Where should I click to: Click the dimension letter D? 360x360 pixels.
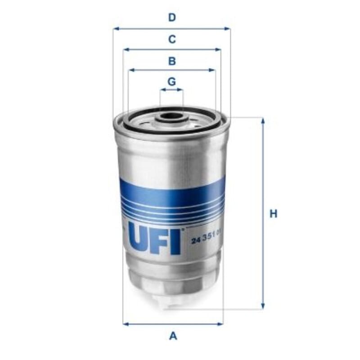(x=172, y=18)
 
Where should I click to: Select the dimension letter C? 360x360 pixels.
(x=172, y=39)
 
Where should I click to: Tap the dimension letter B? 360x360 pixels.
(x=172, y=61)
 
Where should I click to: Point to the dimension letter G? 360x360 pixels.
(x=172, y=81)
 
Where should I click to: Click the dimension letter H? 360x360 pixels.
(x=273, y=214)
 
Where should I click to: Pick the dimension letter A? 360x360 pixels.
(x=173, y=336)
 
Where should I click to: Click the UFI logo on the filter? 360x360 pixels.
(x=154, y=238)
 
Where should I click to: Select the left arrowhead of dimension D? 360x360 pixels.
(x=116, y=29)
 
